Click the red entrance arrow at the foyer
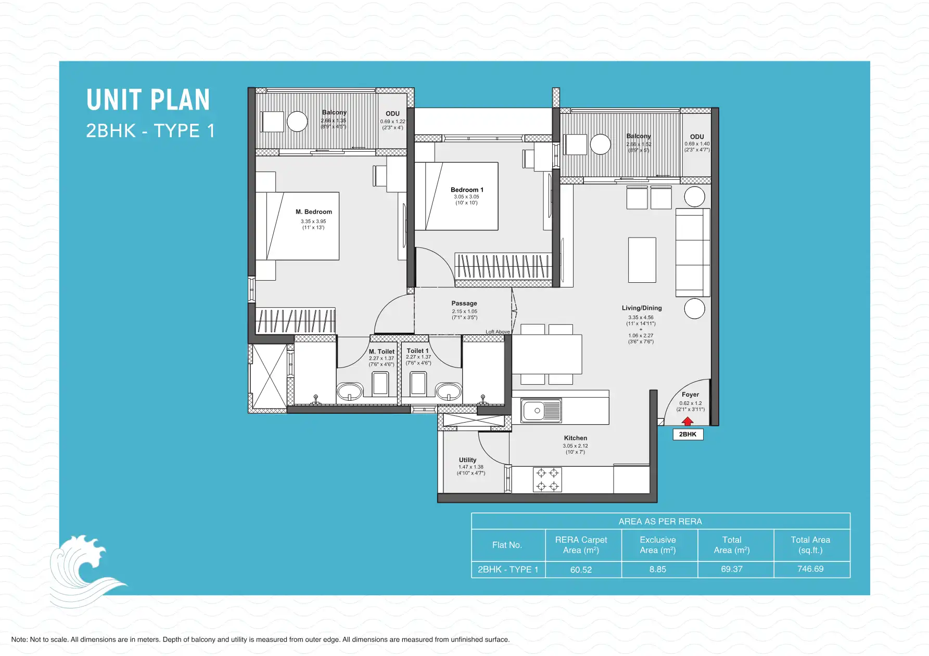688,421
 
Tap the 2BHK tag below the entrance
688,434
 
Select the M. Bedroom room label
313,212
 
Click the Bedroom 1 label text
467,190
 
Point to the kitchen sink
541,411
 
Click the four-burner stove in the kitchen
547,479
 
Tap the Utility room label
467,460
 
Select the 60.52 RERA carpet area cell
581,570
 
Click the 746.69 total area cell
810,569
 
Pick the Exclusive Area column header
657,545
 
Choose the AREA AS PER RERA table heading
660,521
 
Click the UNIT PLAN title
148,100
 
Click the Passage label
464,303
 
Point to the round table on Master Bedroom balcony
297,122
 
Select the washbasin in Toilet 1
448,391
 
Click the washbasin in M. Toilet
350,391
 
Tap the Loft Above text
497,332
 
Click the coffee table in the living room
642,260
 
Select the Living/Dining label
641,308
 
